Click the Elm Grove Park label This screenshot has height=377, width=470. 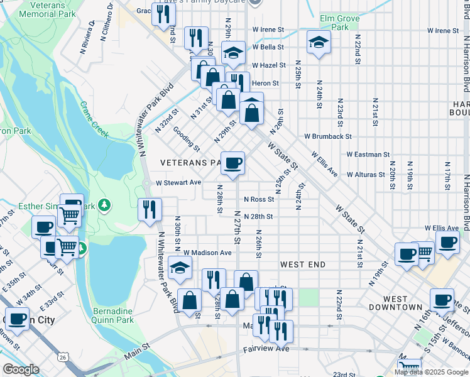(x=339, y=23)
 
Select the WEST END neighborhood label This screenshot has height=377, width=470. (x=303, y=265)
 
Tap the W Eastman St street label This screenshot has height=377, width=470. (x=368, y=154)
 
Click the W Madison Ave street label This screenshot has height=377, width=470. (x=207, y=253)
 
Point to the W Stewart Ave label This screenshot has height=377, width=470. (x=178, y=182)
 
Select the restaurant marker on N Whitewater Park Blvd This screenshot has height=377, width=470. (x=150, y=209)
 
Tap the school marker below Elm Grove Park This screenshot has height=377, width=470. (x=319, y=43)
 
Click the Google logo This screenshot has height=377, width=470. (x=21, y=369)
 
